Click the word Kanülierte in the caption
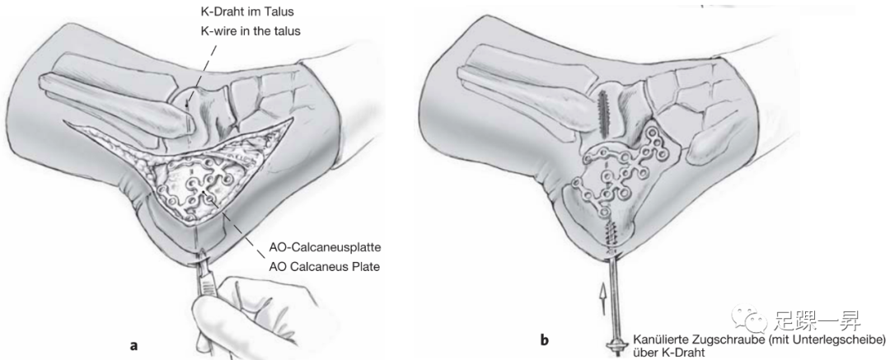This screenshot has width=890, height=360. (658, 339)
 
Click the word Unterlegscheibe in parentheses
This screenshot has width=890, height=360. (825, 339)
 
